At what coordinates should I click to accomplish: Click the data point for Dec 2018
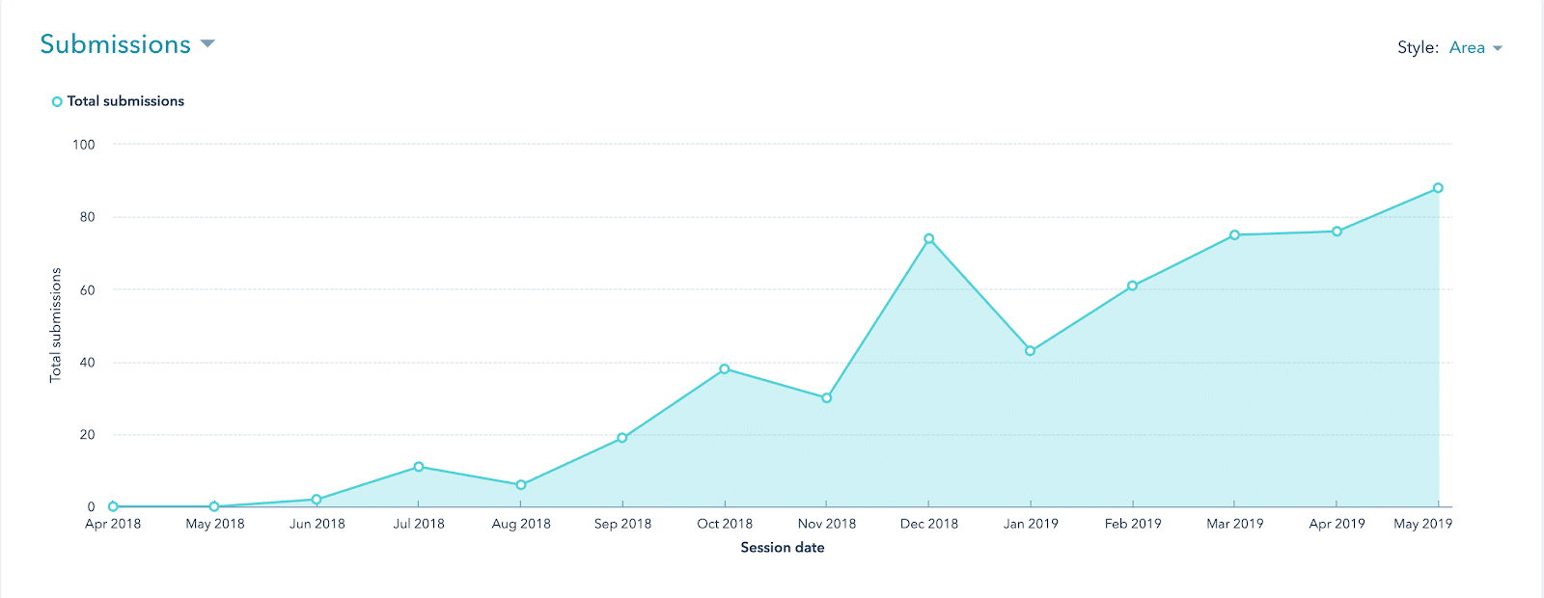point(928,239)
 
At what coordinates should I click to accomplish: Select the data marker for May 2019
point(1438,188)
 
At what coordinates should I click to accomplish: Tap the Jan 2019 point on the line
point(1031,351)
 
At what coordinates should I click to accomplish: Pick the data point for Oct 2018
point(725,369)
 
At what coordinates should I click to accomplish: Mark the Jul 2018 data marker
point(419,467)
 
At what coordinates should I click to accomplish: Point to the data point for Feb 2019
point(1133,286)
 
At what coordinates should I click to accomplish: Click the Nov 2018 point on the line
point(827,398)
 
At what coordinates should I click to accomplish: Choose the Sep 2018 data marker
point(622,438)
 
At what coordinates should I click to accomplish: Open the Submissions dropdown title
point(116,44)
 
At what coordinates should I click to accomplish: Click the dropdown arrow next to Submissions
point(207,44)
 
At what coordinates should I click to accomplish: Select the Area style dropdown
point(1475,48)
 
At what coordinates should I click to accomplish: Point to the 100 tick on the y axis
point(84,145)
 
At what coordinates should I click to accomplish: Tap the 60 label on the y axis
point(87,290)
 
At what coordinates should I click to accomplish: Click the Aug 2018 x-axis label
point(521,524)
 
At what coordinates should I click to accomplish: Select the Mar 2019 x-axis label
point(1235,524)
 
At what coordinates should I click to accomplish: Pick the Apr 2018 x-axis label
point(113,524)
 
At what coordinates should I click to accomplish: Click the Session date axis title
point(783,548)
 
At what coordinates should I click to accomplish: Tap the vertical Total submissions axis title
point(56,325)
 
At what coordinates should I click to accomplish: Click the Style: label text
point(1418,48)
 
